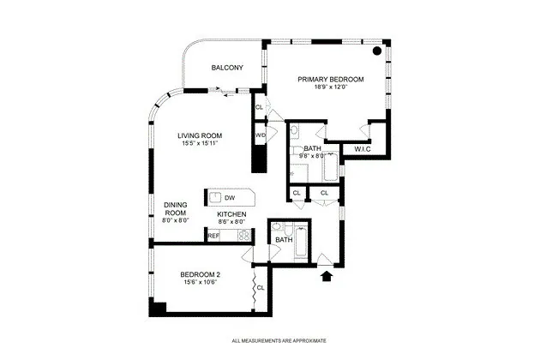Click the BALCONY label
pyautogui.click(x=227, y=69)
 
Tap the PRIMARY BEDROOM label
pyautogui.click(x=331, y=80)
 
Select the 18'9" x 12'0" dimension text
pyautogui.click(x=331, y=87)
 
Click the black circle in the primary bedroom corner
pyautogui.click(x=376, y=51)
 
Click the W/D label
pyautogui.click(x=260, y=135)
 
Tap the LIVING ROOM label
pyautogui.click(x=200, y=135)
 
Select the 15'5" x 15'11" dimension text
pyautogui.click(x=200, y=143)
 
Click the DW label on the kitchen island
pyautogui.click(x=230, y=198)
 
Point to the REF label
pyautogui.click(x=213, y=234)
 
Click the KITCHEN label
pyautogui.click(x=231, y=213)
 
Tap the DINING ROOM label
pyautogui.click(x=176, y=208)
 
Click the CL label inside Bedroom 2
pyautogui.click(x=261, y=288)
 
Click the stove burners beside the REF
pyautogui.click(x=243, y=234)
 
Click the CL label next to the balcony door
pyautogui.click(x=259, y=107)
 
